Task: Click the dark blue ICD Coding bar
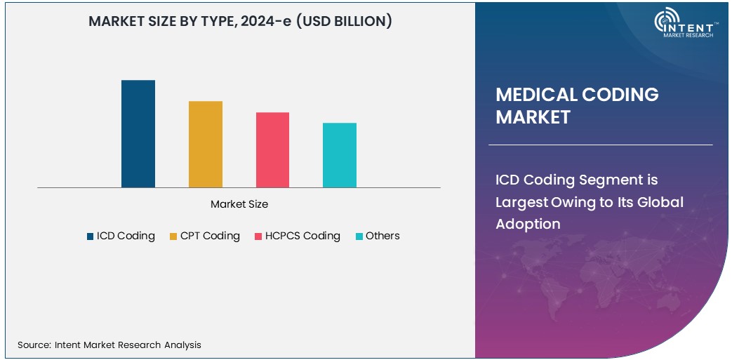pos(138,134)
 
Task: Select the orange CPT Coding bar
pos(205,145)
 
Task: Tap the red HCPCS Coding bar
pos(272,150)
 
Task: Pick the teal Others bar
pos(340,155)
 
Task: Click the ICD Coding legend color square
pos(91,236)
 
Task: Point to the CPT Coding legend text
pos(210,236)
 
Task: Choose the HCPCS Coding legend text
pos(302,236)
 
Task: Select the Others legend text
pos(382,236)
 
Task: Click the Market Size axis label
pos(239,204)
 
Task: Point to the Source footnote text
pos(109,345)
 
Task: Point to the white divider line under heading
pos(600,145)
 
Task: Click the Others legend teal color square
pos(359,236)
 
